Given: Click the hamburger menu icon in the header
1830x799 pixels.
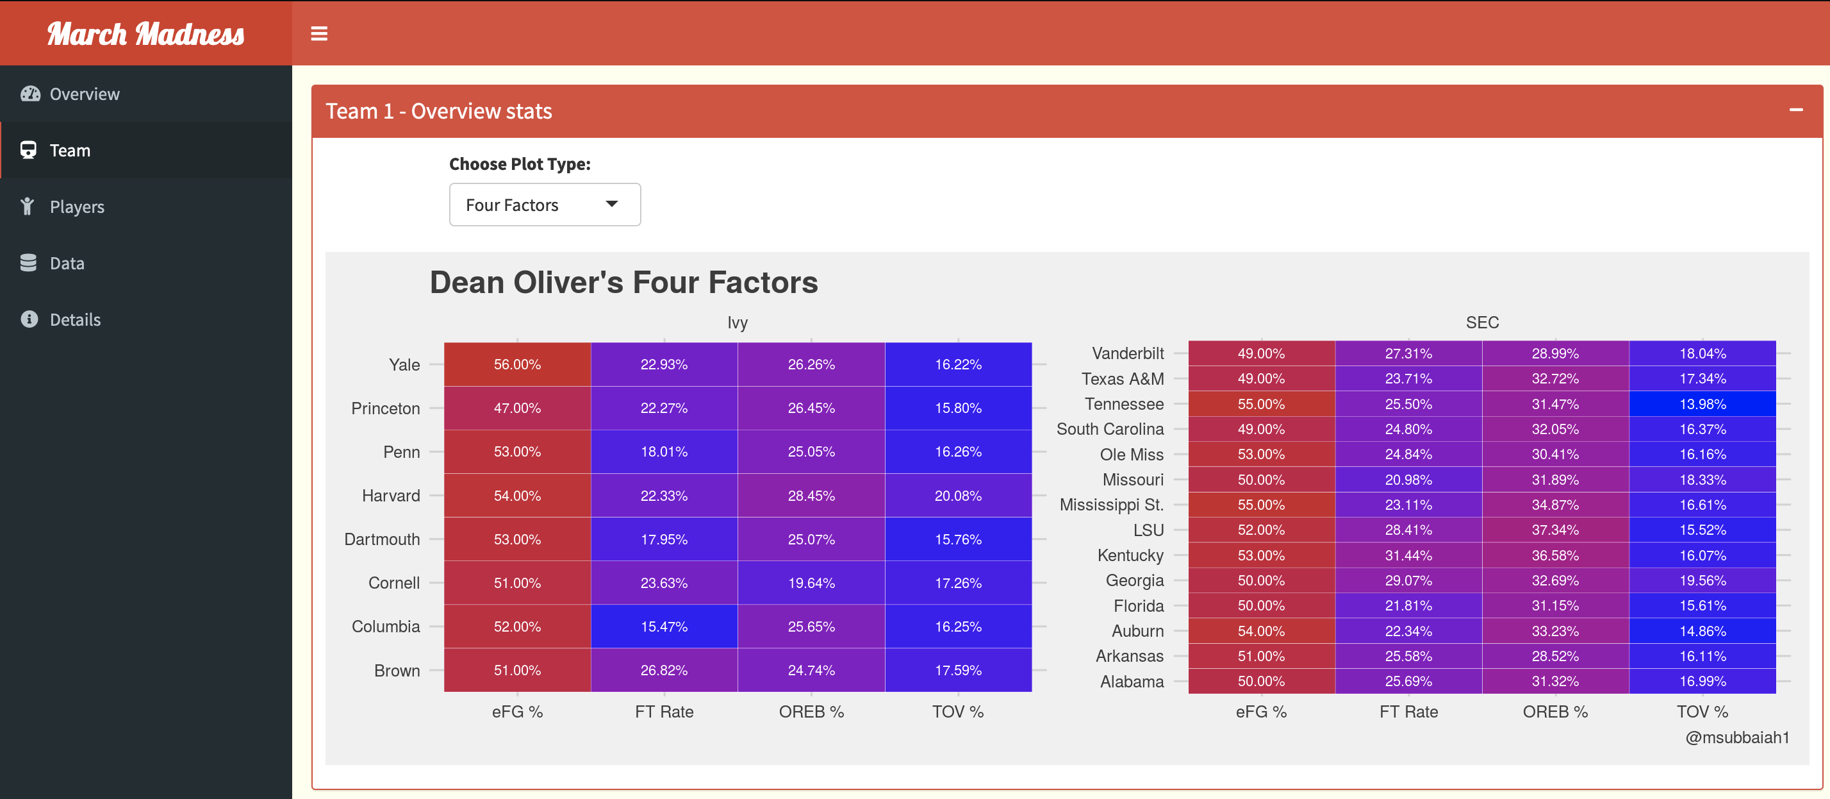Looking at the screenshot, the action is (319, 33).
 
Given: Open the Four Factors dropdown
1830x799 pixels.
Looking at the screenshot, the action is (545, 205).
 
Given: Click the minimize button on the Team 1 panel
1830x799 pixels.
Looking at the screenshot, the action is (1796, 110).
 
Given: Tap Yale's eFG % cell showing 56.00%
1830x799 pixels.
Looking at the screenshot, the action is (517, 365).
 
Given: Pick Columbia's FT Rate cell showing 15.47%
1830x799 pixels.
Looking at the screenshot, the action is (664, 627).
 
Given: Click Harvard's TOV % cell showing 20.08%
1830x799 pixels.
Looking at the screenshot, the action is (959, 496).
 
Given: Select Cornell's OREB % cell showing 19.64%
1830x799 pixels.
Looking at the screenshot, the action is (811, 583).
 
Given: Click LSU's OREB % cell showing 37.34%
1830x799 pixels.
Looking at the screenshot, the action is (1555, 530).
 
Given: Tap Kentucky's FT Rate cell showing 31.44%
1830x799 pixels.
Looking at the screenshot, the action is (1408, 555).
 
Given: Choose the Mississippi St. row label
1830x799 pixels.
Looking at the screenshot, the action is (1111, 505).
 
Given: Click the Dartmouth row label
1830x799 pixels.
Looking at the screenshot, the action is (382, 539).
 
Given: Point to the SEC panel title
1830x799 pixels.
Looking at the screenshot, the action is (1482, 323).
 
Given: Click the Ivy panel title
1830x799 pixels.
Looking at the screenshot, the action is (738, 323).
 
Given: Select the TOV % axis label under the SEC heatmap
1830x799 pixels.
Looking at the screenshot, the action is (1702, 712).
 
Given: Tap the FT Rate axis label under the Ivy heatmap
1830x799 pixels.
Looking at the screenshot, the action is (664, 712).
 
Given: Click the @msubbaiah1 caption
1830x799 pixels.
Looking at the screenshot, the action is (1737, 737).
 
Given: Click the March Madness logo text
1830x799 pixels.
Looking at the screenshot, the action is (145, 34).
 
